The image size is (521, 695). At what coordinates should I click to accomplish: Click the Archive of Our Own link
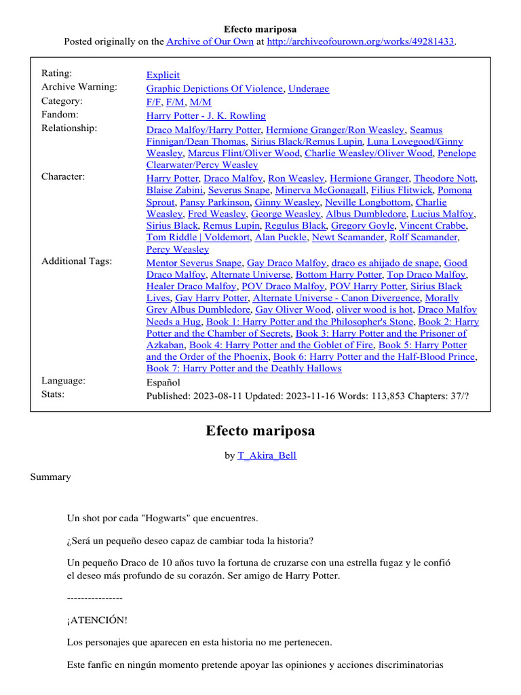point(208,41)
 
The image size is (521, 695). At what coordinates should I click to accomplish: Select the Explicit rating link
point(163,75)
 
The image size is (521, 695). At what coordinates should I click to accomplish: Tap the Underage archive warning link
point(309,88)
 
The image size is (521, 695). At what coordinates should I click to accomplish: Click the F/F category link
point(153,102)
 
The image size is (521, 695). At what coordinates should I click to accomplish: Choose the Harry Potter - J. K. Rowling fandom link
point(206,115)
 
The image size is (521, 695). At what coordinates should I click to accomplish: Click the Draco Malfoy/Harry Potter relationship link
point(204,129)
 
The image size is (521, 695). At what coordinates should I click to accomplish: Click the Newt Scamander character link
point(345,237)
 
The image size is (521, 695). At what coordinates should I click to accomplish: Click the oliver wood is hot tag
point(374,309)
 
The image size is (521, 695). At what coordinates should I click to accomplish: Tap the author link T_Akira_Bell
point(267,455)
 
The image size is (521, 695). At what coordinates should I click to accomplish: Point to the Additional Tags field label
point(77,261)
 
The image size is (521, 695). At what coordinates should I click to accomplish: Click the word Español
point(163,382)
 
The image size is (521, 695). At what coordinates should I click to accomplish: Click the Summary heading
point(50,477)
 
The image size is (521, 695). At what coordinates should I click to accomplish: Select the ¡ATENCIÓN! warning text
point(97,620)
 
